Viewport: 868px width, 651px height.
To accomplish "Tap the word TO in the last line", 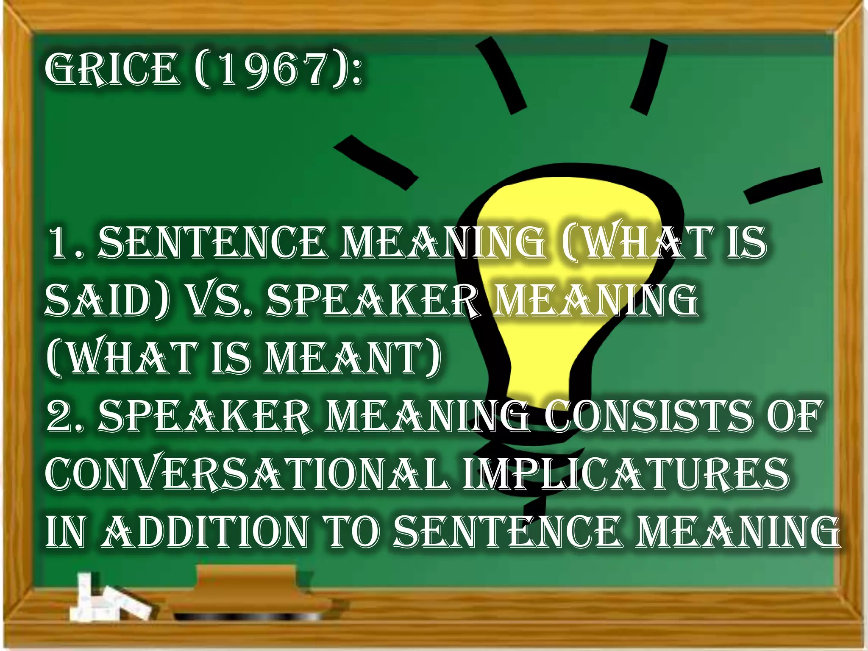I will [x=352, y=531].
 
